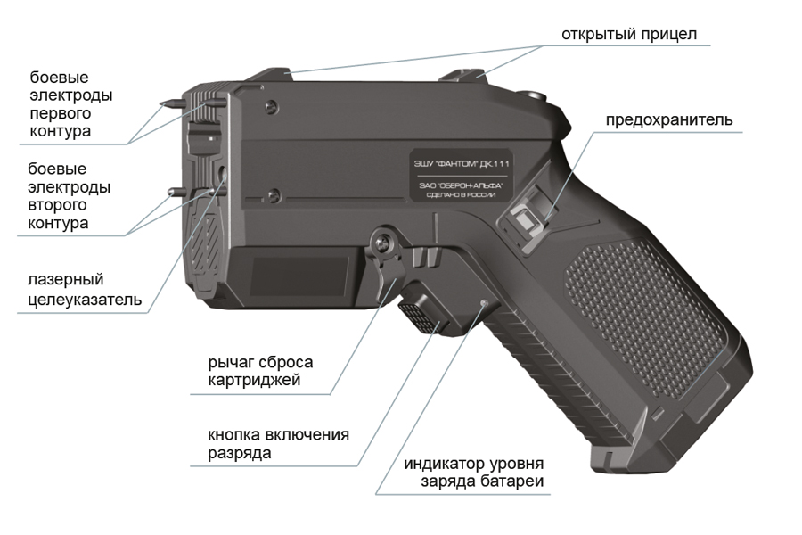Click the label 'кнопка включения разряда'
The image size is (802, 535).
click(x=277, y=443)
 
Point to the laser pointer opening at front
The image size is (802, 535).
click(x=219, y=172)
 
